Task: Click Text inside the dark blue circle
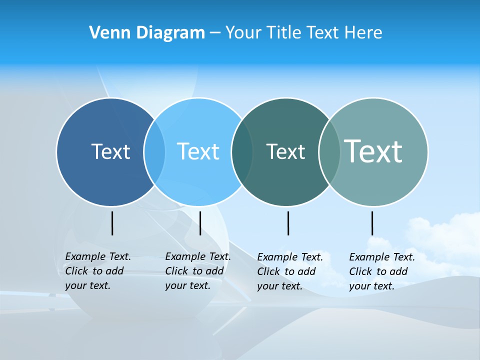[x=110, y=151]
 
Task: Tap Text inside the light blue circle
[x=198, y=151]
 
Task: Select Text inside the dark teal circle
[x=285, y=151]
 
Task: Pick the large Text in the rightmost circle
[x=373, y=151]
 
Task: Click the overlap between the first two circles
[x=154, y=152]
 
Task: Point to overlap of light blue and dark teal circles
[x=242, y=152]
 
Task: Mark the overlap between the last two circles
[x=329, y=152]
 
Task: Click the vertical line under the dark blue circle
[x=112, y=223]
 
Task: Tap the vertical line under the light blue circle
[x=200, y=223]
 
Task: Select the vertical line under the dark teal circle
[x=288, y=223]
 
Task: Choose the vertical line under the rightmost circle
[x=372, y=223]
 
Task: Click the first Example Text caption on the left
[x=98, y=271]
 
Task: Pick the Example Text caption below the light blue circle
[x=198, y=271]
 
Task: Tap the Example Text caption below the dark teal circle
[x=290, y=271]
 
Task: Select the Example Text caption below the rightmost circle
[x=382, y=271]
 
